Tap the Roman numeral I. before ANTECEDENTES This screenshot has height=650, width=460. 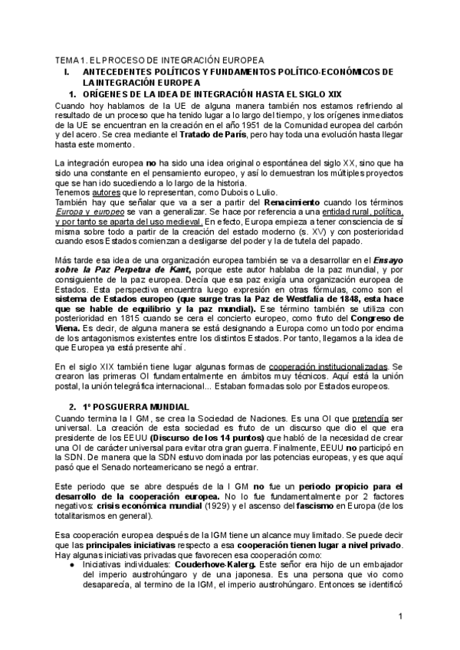click(67, 71)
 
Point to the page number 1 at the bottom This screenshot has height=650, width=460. click(401, 617)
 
